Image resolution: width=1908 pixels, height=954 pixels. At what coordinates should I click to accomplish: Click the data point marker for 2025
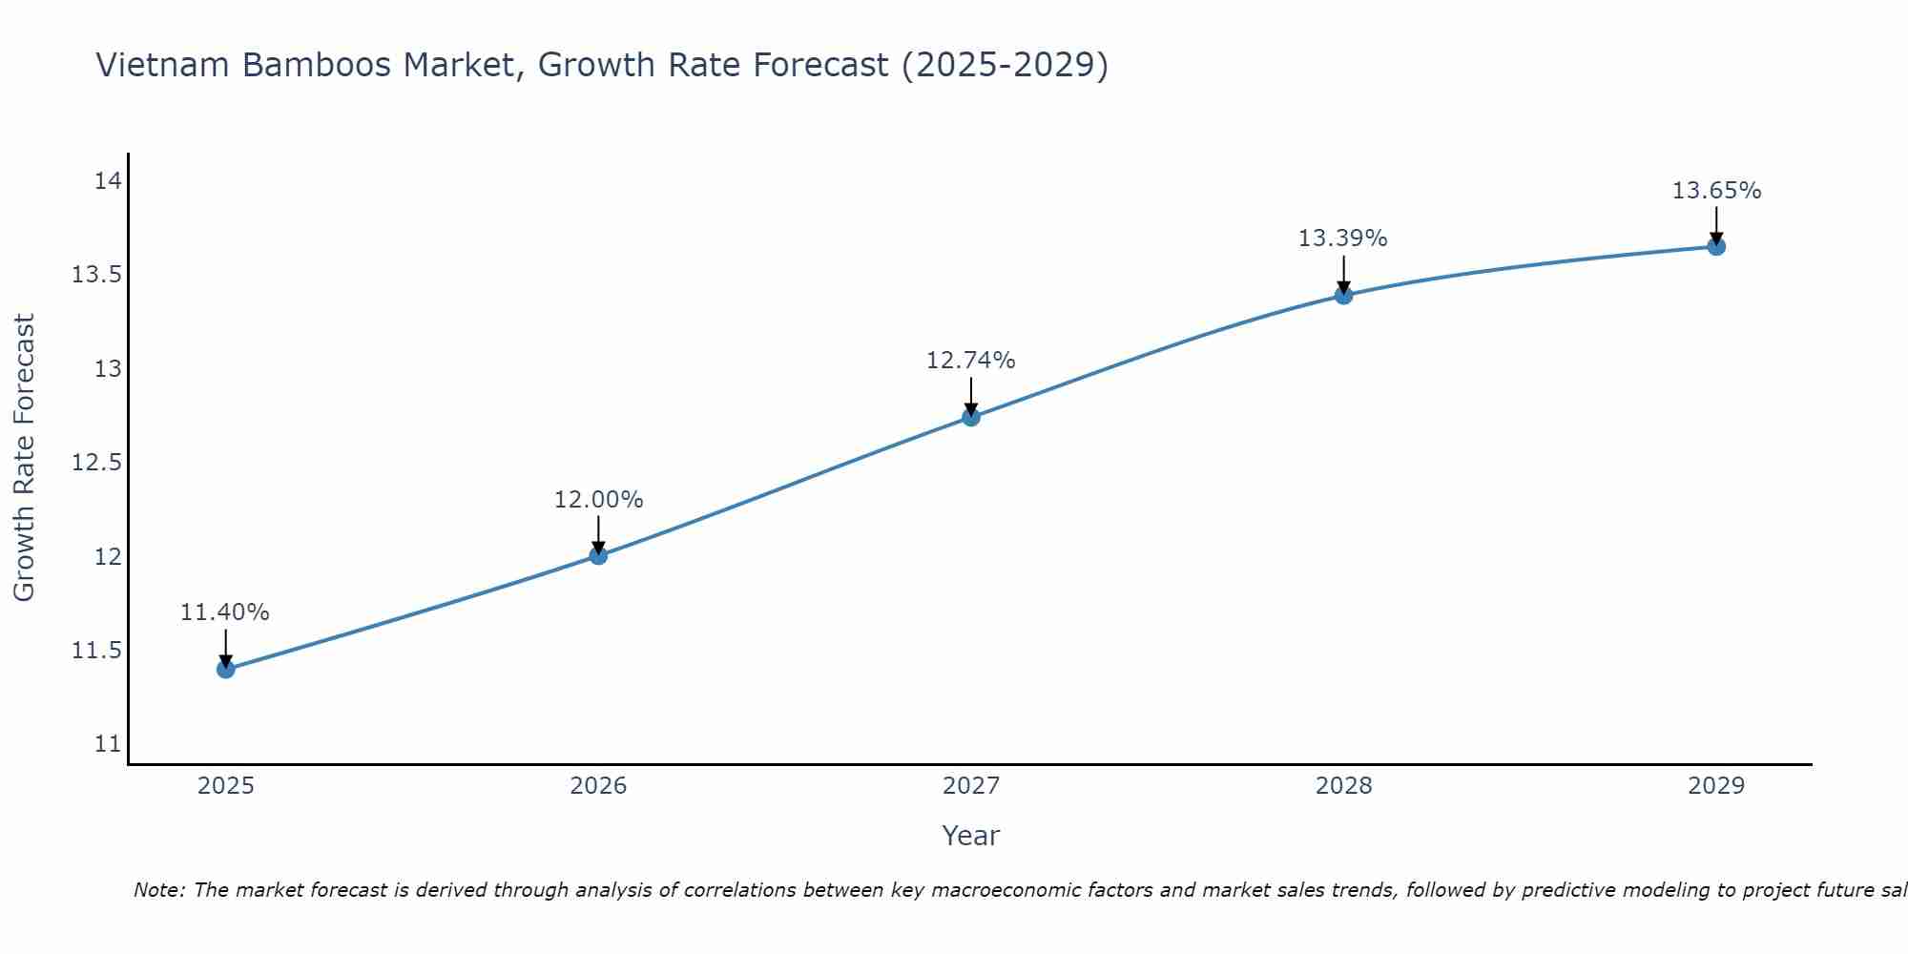click(225, 669)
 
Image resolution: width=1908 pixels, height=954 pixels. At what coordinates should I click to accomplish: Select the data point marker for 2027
click(971, 417)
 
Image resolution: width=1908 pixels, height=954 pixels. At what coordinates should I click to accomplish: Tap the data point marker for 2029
click(1716, 246)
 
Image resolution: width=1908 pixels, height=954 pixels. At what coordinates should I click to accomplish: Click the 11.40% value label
click(225, 612)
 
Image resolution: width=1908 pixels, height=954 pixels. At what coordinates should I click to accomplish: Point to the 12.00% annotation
click(598, 500)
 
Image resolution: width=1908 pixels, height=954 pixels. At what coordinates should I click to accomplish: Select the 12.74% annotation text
click(971, 361)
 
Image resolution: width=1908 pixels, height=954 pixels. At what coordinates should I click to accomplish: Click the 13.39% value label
click(1342, 238)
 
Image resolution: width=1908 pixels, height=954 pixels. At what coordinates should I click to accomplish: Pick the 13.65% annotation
click(1716, 191)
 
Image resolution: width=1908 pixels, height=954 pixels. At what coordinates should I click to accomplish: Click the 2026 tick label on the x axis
click(598, 786)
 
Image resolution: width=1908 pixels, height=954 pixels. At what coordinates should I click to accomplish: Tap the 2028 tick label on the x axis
click(1343, 786)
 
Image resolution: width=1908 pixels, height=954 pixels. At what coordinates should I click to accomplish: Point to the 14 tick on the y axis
click(108, 181)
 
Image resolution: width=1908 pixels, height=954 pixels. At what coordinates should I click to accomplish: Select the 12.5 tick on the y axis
click(96, 463)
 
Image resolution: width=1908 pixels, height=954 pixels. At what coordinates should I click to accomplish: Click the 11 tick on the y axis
click(108, 744)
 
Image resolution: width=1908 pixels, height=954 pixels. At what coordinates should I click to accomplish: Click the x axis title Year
click(970, 836)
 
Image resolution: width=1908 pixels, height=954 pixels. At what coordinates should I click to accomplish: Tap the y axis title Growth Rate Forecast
click(24, 458)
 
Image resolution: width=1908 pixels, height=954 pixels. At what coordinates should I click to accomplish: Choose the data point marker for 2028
click(1343, 295)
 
